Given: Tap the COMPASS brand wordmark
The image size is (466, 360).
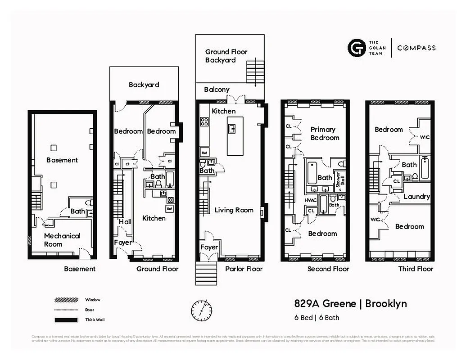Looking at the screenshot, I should click(x=416, y=48).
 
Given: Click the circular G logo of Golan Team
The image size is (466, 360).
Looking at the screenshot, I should click(x=356, y=48).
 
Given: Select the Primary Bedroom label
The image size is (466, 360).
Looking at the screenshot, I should click(x=325, y=134).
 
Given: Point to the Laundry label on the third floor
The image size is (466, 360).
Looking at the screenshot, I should click(x=416, y=197).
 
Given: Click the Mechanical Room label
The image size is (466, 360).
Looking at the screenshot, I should click(x=62, y=240).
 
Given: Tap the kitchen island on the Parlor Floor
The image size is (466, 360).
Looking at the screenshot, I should click(x=235, y=136).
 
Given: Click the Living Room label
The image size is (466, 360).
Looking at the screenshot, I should click(x=234, y=210).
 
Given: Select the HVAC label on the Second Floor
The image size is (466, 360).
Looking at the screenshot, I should click(x=311, y=200).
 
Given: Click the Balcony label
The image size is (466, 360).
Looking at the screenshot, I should click(x=217, y=90).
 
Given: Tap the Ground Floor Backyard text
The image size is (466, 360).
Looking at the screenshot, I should click(x=226, y=56).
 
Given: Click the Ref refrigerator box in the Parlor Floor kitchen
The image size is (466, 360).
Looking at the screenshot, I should click(x=204, y=152).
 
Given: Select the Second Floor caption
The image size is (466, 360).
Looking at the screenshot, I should click(x=328, y=269).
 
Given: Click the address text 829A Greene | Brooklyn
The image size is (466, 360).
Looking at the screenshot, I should click(x=350, y=303).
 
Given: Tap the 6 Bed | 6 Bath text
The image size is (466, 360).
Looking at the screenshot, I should click(x=317, y=318).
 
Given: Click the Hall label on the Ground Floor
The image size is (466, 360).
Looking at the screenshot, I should click(x=124, y=222).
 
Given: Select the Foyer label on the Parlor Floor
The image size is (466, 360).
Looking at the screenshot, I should click(x=209, y=247).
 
